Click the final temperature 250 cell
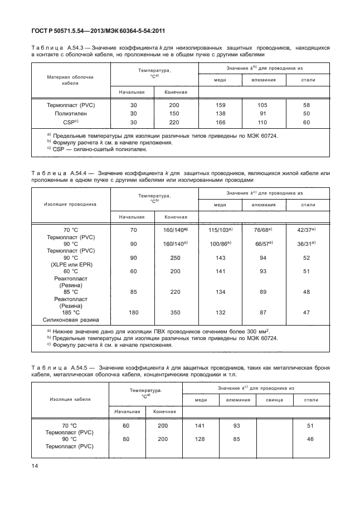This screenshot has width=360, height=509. pyautogui.click(x=175, y=258)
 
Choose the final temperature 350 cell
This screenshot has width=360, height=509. pyautogui.click(x=175, y=313)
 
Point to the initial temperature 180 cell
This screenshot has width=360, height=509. pyautogui.click(x=133, y=313)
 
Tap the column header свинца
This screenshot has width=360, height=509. pyautogui.click(x=274, y=400)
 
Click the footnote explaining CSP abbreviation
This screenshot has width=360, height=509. pyautogui.click(x=100, y=149)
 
